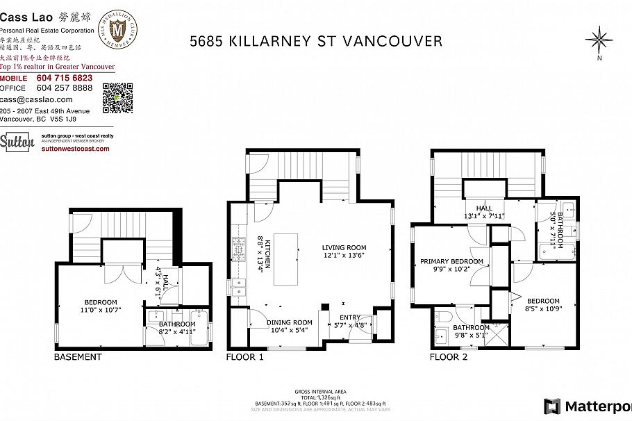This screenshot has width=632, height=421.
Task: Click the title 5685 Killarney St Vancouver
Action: click(316, 41)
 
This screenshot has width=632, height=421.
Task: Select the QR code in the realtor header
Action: click(117, 97)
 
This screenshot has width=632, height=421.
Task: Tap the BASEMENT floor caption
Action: click(78, 357)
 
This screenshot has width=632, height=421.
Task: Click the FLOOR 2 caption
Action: click(449, 357)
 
